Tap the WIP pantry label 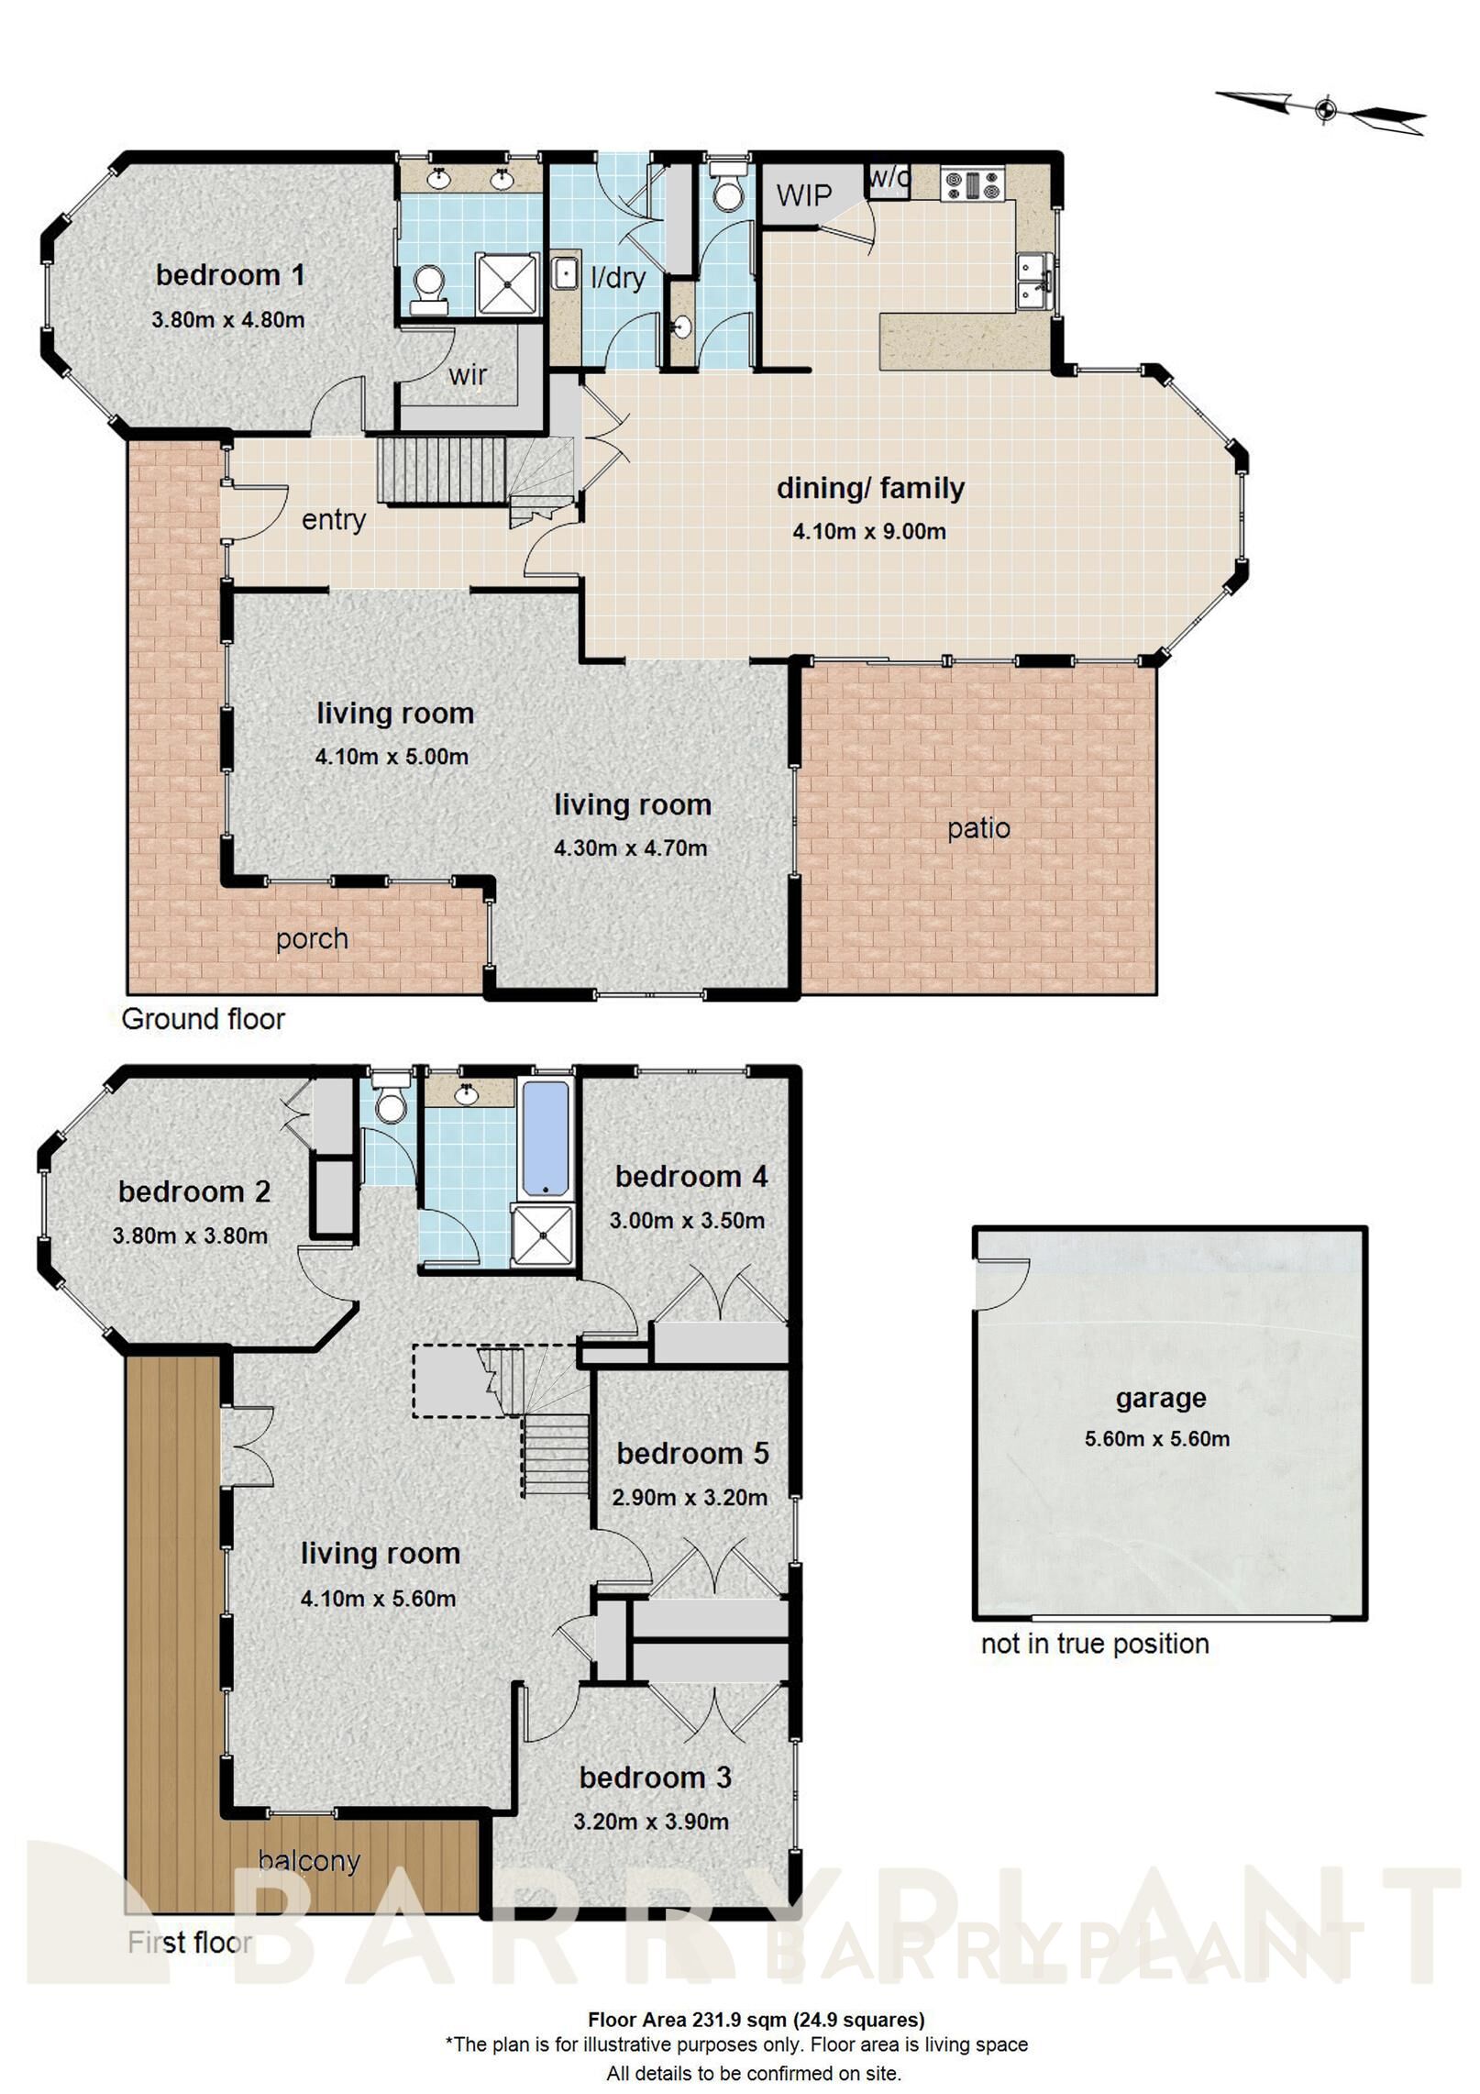(x=803, y=195)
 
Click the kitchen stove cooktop (x=972, y=185)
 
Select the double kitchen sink (x=1034, y=281)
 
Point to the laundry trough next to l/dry (x=564, y=274)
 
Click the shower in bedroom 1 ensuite (x=504, y=283)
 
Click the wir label (x=468, y=374)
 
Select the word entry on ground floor (x=334, y=519)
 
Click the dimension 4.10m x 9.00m (x=869, y=531)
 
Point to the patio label (x=978, y=828)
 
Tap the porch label (x=312, y=938)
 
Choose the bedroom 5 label (x=692, y=1453)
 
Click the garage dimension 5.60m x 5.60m (x=1157, y=1438)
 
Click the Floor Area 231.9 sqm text (x=756, y=2019)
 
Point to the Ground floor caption (x=203, y=1019)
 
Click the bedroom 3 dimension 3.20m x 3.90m (x=651, y=1822)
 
